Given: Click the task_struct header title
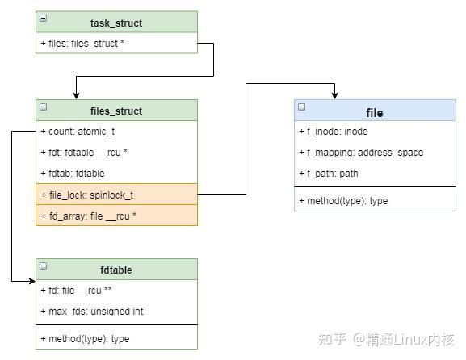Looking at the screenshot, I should (x=116, y=23).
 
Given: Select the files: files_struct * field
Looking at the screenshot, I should (x=82, y=43).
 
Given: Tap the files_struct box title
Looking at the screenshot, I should (x=116, y=111).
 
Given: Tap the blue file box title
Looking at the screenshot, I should (x=375, y=112).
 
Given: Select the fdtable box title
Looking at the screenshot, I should (x=116, y=270).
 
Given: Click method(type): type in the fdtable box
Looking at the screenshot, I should (x=85, y=338).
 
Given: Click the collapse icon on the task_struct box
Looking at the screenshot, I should (x=43, y=18).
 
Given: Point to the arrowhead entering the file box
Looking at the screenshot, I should (x=334, y=94).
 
